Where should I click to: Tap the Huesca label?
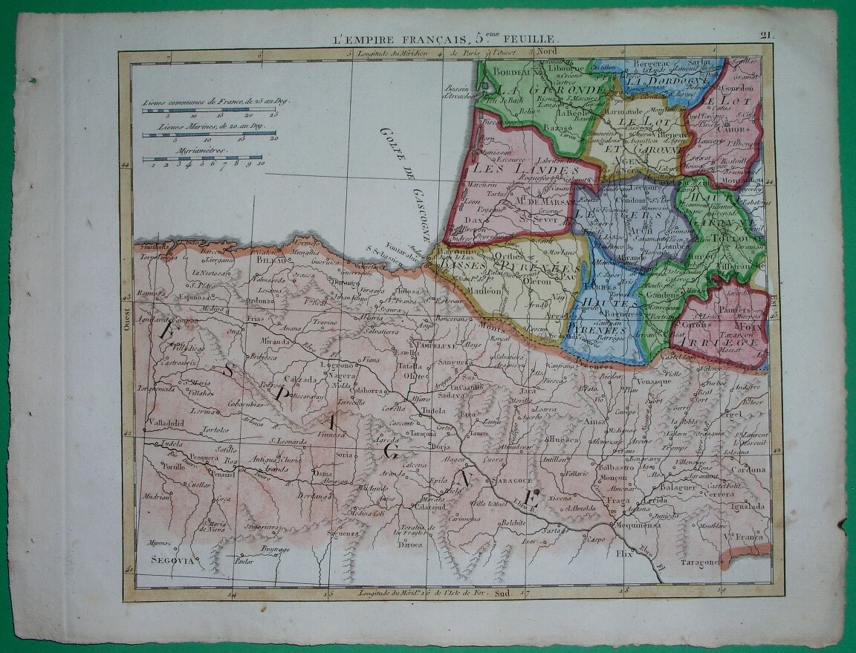[x=562, y=440]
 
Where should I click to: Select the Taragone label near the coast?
[x=700, y=562]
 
